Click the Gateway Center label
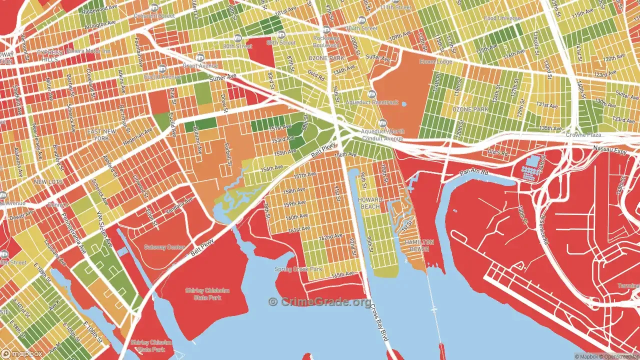point(164,247)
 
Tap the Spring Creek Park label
point(298,269)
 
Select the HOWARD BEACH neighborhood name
point(370,203)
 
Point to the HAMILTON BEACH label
point(419,245)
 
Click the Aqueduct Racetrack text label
point(372,102)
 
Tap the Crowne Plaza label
point(583,135)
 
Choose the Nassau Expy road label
point(609,149)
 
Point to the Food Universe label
point(502,18)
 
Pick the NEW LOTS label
point(48,182)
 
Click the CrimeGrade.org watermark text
point(320,302)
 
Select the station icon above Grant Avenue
point(200,57)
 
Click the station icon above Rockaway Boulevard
point(326,30)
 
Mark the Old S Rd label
point(497,151)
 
